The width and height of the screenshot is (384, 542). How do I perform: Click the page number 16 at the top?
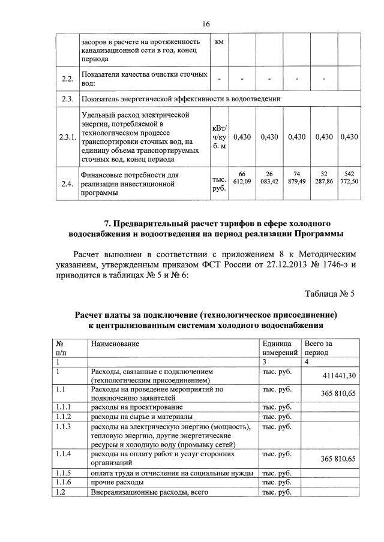[x=206, y=24]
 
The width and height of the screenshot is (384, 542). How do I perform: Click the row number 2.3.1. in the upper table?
[x=67, y=137]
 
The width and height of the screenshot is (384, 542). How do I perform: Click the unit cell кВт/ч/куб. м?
[x=218, y=137]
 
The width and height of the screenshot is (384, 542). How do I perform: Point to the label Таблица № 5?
[x=330, y=294]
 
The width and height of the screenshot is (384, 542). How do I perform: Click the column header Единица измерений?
[x=280, y=348]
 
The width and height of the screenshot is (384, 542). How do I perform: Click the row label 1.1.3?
[x=63, y=426]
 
